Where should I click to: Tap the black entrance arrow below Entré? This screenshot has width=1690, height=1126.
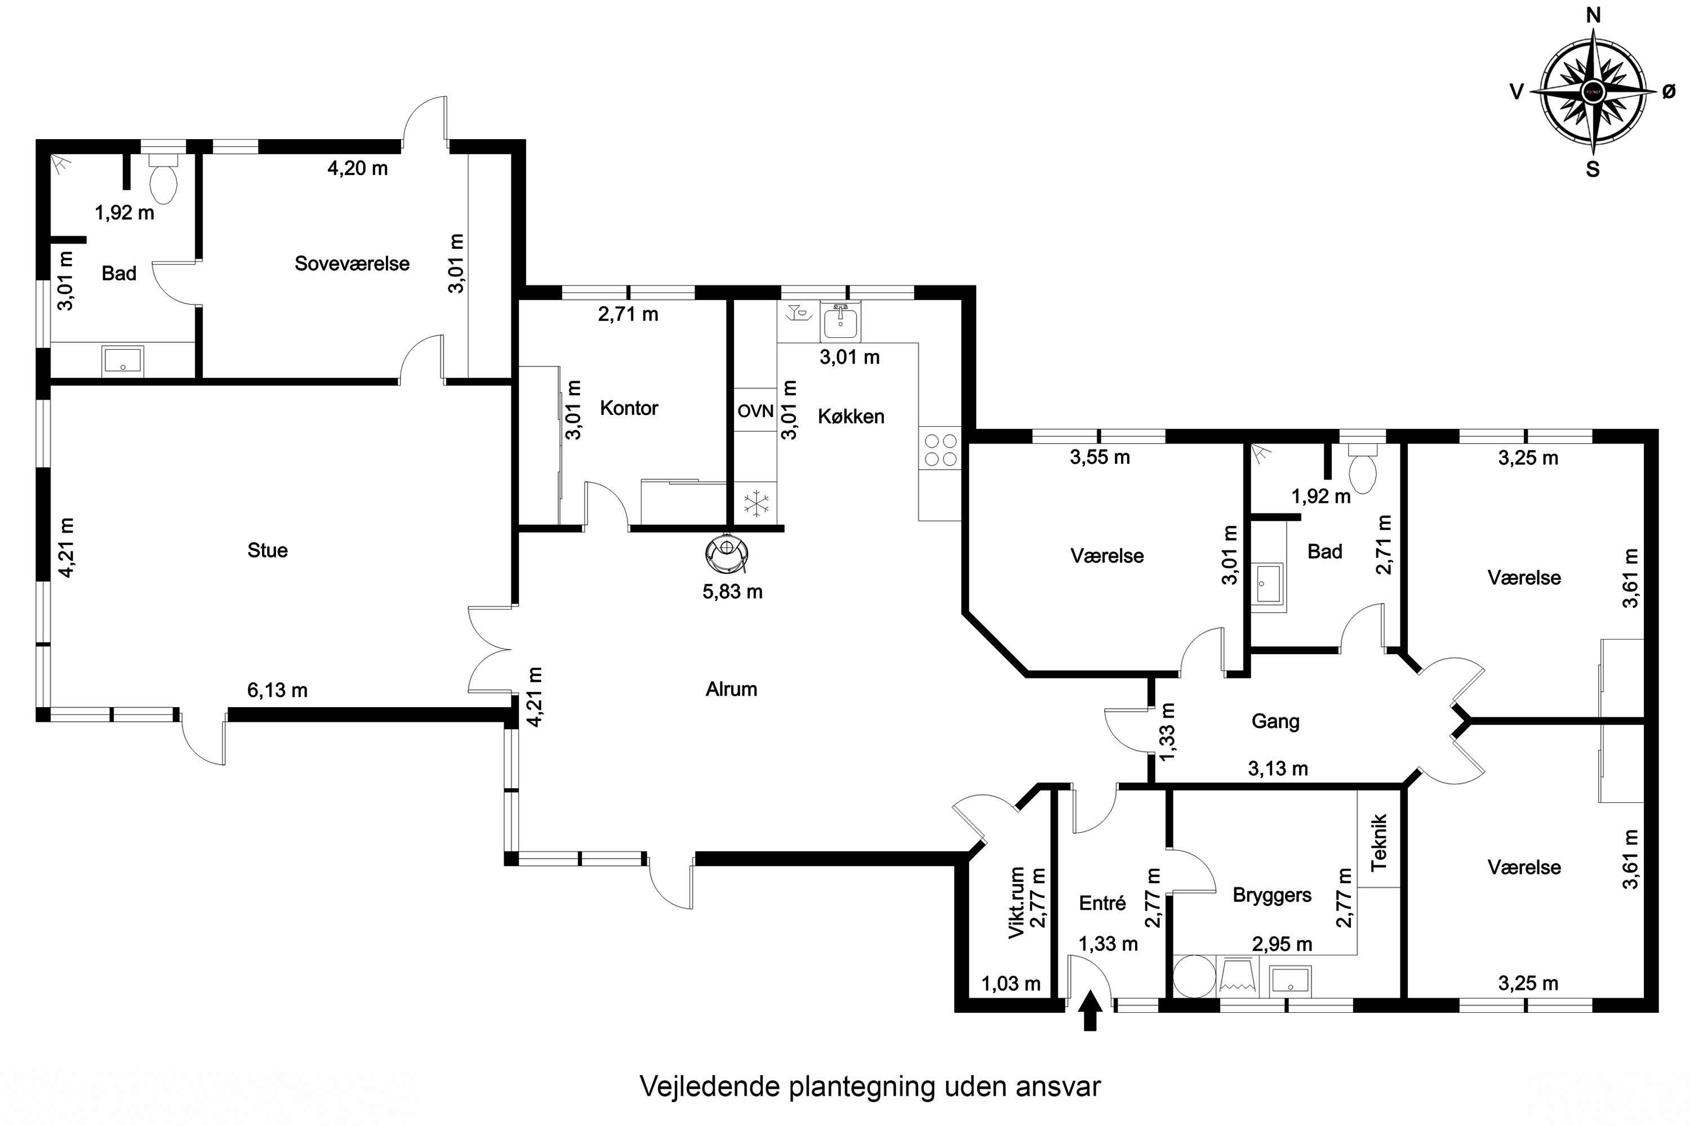1091,1011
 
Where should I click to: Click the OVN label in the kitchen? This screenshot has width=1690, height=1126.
755,412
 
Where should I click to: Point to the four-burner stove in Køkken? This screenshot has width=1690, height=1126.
940,449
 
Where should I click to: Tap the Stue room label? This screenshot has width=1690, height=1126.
267,551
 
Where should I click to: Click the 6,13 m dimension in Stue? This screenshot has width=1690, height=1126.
277,691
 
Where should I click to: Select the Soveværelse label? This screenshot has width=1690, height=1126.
352,263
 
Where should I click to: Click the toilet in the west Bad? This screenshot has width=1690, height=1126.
163,182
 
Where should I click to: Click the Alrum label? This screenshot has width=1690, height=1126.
731,689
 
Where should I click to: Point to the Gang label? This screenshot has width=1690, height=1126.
1275,721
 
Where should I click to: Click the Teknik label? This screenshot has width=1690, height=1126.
1378,843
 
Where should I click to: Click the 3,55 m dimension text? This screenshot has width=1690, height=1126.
1100,457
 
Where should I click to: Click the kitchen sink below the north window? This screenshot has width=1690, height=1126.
840,321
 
